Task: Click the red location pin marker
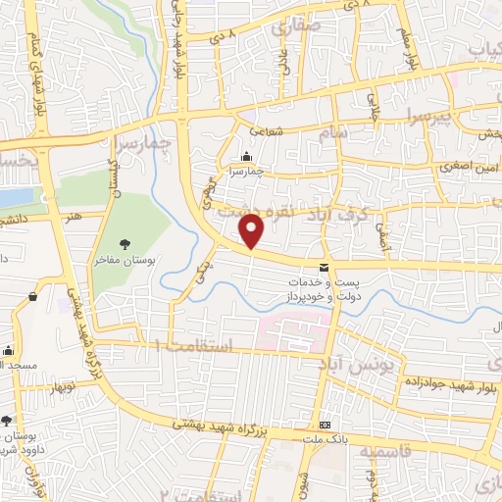[253, 230]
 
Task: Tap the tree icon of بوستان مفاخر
[125, 244]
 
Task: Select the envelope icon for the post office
[324, 268]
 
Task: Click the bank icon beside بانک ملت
[325, 425]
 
